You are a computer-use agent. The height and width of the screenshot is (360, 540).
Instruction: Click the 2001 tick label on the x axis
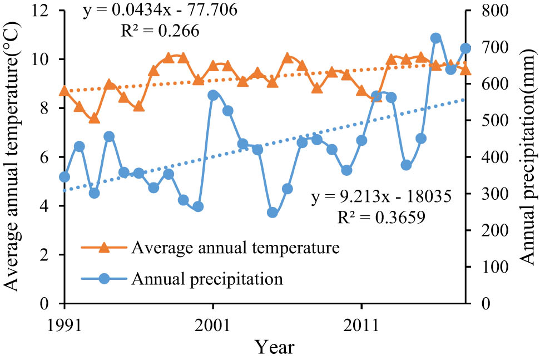(x=212, y=323)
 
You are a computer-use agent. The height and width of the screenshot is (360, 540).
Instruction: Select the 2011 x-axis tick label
(x=361, y=323)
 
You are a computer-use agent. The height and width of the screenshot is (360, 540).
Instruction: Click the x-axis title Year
(x=275, y=347)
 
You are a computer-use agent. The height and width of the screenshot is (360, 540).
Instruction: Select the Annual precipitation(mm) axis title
(x=527, y=157)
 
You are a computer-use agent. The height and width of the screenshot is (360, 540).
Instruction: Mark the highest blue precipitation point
(x=436, y=38)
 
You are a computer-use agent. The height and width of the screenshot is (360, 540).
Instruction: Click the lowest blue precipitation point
(x=273, y=213)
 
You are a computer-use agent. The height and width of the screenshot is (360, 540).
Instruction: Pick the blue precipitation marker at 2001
(x=212, y=95)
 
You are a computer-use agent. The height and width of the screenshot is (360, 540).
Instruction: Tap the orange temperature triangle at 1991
(x=65, y=91)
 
